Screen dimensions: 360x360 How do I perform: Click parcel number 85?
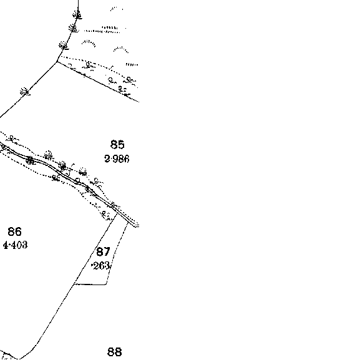click(117, 145)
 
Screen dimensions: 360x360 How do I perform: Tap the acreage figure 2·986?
click(117, 159)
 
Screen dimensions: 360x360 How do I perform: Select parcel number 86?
click(15, 231)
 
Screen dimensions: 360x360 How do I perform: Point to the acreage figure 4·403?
click(16, 245)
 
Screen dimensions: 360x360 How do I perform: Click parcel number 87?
click(103, 251)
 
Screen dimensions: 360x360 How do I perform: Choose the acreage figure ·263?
click(100, 266)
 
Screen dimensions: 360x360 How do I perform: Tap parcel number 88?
click(115, 351)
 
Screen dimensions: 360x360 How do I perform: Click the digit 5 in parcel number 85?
click(121, 145)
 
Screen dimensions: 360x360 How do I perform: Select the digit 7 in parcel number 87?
click(107, 251)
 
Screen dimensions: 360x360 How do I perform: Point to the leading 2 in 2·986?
click(107, 159)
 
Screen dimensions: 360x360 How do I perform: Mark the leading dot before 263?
click(92, 266)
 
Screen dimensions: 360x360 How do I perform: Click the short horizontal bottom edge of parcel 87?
click(90, 285)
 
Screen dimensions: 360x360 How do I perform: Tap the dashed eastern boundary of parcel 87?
click(117, 253)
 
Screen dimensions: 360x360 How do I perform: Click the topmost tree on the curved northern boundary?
click(77, 15)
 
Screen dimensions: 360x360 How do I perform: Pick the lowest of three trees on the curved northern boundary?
click(63, 45)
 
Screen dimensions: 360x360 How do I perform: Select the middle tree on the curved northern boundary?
click(73, 29)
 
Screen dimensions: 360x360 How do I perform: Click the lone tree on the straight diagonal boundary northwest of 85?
click(25, 92)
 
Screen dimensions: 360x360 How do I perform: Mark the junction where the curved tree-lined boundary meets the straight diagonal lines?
click(57, 62)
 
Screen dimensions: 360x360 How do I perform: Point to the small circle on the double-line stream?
click(78, 180)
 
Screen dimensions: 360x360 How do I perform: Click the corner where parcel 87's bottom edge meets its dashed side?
click(106, 285)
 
